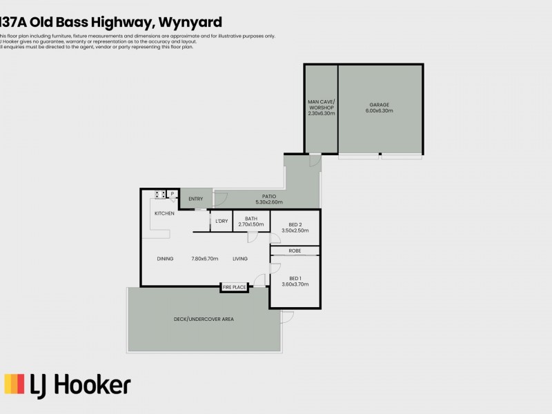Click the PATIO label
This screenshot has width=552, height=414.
click(269, 197)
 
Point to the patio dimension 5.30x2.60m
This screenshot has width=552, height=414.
click(269, 202)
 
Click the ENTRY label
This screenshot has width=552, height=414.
click(196, 199)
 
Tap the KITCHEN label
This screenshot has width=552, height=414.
click(164, 214)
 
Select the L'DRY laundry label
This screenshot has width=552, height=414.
click(221, 221)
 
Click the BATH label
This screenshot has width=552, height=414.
click(251, 219)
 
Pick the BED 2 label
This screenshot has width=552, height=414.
click(295, 225)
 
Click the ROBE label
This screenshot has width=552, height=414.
click(295, 250)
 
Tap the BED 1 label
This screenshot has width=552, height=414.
click(295, 277)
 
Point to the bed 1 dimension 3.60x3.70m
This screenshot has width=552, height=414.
click(295, 284)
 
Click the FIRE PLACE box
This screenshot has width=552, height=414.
click(234, 287)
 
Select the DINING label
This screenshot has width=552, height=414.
click(165, 259)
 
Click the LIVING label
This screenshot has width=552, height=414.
click(240, 259)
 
